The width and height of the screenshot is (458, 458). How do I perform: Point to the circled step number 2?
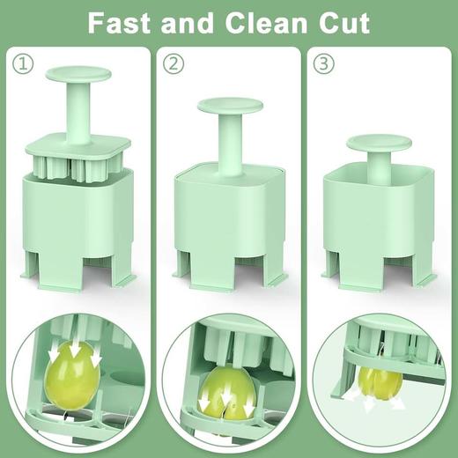[175, 63]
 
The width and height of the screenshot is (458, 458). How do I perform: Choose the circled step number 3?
[325, 63]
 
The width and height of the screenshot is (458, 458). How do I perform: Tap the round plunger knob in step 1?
[77, 74]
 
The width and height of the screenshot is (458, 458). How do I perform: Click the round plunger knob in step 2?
[230, 105]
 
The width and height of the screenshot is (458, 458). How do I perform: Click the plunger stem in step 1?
[77, 110]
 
